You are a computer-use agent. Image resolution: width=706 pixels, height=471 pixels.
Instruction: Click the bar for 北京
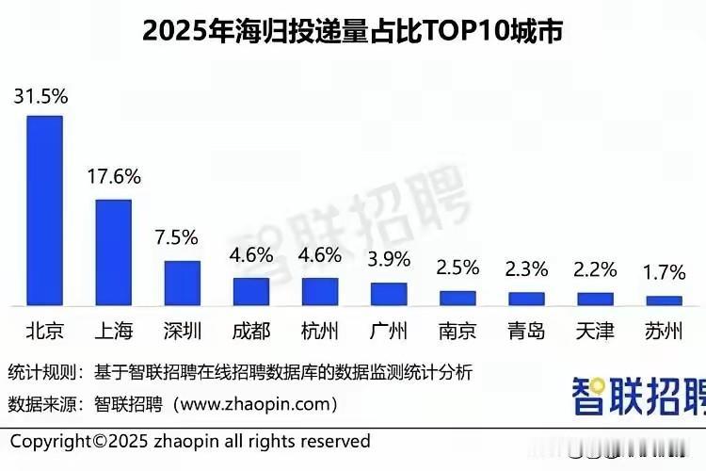pyautogui.click(x=44, y=211)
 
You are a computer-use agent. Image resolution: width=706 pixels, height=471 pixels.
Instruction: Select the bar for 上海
pyautogui.click(x=113, y=252)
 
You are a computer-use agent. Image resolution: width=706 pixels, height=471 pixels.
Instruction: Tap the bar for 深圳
pyautogui.click(x=182, y=283)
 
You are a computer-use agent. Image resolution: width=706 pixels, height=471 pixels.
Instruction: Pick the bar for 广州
pyautogui.click(x=388, y=294)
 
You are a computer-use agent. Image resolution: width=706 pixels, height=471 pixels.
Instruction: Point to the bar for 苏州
pyautogui.click(x=664, y=300)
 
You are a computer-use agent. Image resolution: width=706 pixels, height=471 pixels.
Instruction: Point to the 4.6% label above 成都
pyautogui.click(x=250, y=254)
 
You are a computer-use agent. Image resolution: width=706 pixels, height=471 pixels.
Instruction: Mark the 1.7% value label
pyautogui.click(x=664, y=273)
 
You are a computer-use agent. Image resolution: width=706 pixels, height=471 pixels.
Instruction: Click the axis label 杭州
pyautogui.click(x=319, y=333)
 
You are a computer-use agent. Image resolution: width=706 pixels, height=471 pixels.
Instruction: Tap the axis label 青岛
pyautogui.click(x=526, y=333)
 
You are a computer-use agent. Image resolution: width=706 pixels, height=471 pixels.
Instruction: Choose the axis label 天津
pyautogui.click(x=595, y=333)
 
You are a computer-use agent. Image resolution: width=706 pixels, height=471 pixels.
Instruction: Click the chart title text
pyautogui.click(x=352, y=31)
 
